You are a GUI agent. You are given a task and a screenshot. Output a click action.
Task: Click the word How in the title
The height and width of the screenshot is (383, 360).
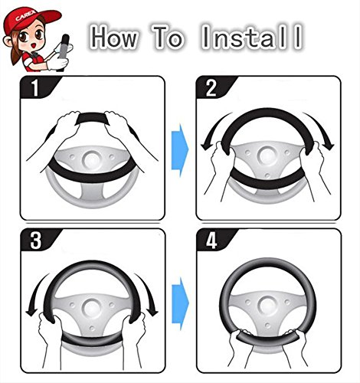click(114, 37)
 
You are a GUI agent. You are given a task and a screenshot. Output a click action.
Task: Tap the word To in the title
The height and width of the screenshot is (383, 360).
click(168, 37)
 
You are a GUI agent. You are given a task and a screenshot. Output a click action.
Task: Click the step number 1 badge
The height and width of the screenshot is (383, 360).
click(38, 87)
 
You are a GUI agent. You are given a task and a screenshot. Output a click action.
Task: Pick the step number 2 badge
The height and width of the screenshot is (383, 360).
click(214, 87)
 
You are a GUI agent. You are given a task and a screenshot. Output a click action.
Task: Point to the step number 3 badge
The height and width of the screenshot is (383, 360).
click(38, 240)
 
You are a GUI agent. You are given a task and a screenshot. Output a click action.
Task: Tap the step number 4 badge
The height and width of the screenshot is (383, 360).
click(214, 240)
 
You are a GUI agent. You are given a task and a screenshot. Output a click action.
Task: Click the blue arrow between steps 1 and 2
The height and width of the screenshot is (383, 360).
click(180, 150)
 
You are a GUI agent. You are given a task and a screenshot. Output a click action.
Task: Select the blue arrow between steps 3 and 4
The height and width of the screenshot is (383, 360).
click(180, 303)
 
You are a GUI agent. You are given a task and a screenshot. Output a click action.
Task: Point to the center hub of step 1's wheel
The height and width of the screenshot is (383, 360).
click(91, 160)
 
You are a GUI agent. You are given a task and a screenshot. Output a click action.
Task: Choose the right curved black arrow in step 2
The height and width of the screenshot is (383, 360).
click(322, 129)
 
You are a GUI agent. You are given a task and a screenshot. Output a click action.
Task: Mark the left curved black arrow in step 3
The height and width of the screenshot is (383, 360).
click(36, 293)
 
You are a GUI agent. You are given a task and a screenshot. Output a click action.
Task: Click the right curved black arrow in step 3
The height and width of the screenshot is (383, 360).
click(149, 293)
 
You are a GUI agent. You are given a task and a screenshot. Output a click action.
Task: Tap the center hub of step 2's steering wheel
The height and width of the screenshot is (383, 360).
click(267, 155)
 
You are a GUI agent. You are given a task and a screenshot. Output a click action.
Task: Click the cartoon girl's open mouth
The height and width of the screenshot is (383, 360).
click(34, 45)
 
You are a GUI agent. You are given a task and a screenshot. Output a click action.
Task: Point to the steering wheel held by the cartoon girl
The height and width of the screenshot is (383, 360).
click(63, 48)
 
